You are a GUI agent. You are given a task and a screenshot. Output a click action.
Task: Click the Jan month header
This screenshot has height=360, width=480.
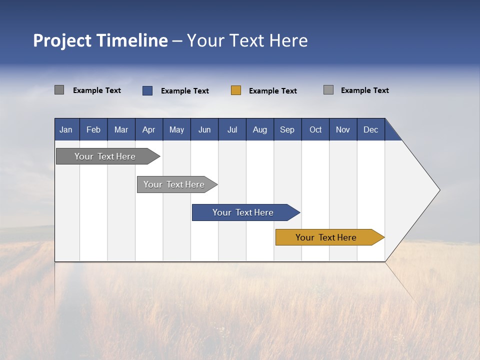pyautogui.click(x=66, y=129)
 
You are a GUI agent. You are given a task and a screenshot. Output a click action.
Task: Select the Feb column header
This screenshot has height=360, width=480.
pyautogui.click(x=93, y=129)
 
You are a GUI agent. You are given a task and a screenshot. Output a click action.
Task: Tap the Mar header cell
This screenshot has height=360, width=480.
pyautogui.click(x=121, y=129)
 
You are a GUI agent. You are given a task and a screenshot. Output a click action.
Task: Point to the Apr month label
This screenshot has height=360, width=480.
pyautogui.click(x=148, y=129)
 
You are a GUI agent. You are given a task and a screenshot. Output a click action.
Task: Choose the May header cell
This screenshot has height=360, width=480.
pyautogui.click(x=176, y=129)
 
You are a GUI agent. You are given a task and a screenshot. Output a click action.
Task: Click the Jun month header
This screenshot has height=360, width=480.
pyautogui.click(x=204, y=129)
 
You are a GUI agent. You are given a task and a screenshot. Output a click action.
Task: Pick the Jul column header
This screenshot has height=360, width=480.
pyautogui.click(x=232, y=129)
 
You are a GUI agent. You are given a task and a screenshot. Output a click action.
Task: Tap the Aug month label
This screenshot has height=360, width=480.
pyautogui.click(x=260, y=129)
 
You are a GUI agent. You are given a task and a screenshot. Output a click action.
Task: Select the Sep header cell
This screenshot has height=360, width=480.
pyautogui.click(x=287, y=129)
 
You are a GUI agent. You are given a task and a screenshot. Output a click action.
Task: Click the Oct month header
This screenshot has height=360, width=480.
pyautogui.click(x=315, y=129)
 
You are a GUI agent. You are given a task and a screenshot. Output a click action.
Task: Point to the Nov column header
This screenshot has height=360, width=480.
pyautogui.click(x=343, y=129)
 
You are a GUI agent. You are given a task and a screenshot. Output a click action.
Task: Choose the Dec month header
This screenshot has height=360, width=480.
pyautogui.click(x=371, y=129)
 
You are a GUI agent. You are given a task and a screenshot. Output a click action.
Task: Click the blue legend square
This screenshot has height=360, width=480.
pyautogui.click(x=147, y=90)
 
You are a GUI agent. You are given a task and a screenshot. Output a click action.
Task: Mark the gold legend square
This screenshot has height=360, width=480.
pyautogui.click(x=236, y=90)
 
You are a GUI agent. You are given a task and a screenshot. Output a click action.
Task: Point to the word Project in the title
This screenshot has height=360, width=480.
pyautogui.click(x=62, y=40)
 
